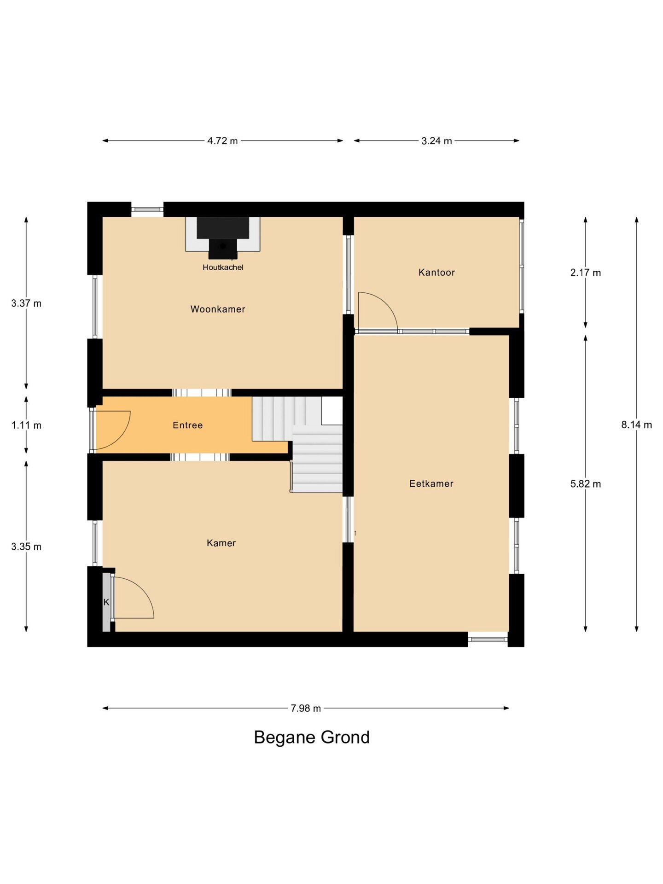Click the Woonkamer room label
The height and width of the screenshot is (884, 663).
click(x=218, y=309)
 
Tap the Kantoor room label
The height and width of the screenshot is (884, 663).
click(x=436, y=272)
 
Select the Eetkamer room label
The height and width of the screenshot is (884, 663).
click(x=431, y=483)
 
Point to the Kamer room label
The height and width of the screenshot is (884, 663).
click(x=221, y=543)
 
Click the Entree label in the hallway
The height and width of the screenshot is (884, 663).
click(x=187, y=425)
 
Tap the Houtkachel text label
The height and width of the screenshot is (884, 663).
click(x=223, y=267)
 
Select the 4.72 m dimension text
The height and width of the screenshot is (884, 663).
click(x=222, y=141)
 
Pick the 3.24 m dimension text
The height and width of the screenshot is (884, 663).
click(x=436, y=141)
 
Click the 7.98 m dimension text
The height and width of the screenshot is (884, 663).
click(x=306, y=708)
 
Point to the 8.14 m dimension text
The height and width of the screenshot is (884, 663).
click(x=637, y=425)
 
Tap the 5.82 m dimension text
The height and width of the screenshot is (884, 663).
click(x=586, y=483)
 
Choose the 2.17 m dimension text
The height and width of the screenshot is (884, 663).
click(x=586, y=273)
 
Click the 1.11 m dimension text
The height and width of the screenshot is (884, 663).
click(x=26, y=425)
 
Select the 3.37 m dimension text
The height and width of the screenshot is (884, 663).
click(x=26, y=303)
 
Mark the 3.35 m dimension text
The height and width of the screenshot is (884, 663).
click(x=26, y=547)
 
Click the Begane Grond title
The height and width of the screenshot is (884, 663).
click(x=312, y=738)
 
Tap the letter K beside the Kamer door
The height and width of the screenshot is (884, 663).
click(x=106, y=602)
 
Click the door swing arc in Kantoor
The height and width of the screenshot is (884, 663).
click(x=386, y=304)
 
